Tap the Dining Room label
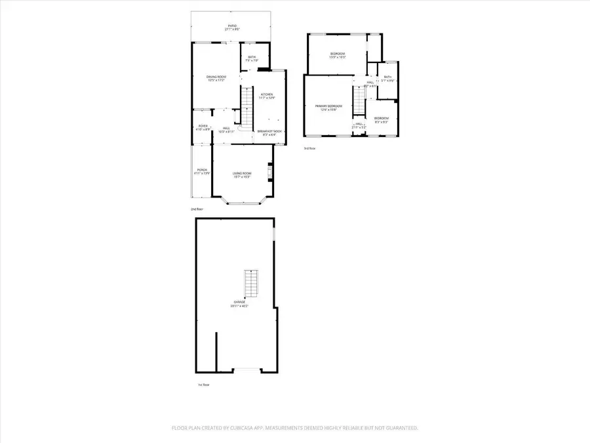[x=216, y=77]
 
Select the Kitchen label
[x=267, y=95]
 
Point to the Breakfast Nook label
[x=269, y=131]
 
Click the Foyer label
[x=203, y=126]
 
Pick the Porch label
[x=202, y=170]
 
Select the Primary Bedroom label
[x=328, y=106]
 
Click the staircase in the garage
[x=250, y=283]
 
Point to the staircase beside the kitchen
[x=247, y=107]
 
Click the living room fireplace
[x=269, y=172]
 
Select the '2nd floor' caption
[x=197, y=209]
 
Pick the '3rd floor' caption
[x=309, y=148]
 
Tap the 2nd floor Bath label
[x=251, y=58]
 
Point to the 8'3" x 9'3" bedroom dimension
[x=381, y=122]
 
